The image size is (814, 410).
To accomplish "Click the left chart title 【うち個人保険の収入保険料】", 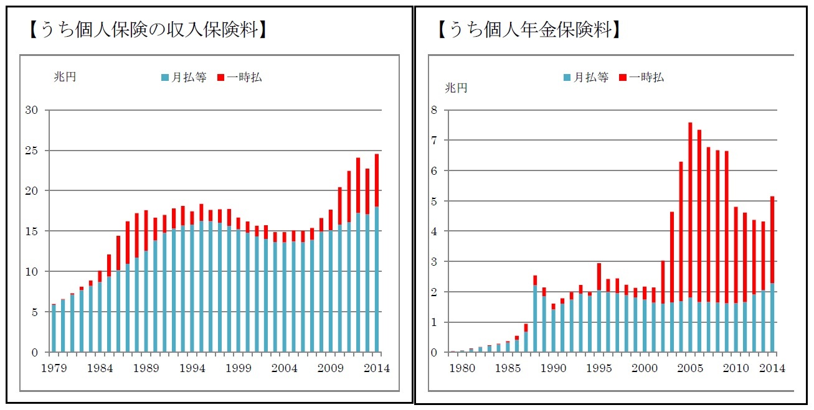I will click(148, 29).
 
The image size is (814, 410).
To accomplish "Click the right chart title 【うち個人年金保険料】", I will click(529, 29).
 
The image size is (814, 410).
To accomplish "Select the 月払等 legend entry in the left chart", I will click(184, 78).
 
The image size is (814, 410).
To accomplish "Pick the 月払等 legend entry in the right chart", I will click(586, 78).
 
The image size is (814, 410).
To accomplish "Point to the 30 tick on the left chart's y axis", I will click(31, 111).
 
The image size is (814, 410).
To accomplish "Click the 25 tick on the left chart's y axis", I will click(31, 151).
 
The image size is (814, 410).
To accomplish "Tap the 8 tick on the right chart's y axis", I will click(434, 110).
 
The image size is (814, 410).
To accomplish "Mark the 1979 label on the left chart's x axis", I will click(54, 368).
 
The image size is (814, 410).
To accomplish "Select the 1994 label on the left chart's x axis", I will click(193, 368).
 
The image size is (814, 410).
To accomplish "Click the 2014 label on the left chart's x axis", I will click(376, 368).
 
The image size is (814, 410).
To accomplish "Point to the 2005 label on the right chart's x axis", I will click(690, 368).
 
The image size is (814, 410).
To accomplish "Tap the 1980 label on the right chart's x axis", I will click(462, 368).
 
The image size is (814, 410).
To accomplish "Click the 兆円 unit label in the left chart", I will click(64, 78).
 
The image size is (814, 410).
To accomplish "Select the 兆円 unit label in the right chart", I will click(456, 88).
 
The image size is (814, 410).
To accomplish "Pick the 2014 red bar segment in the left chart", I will click(376, 180).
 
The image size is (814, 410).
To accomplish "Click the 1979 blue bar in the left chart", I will click(54, 328).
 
